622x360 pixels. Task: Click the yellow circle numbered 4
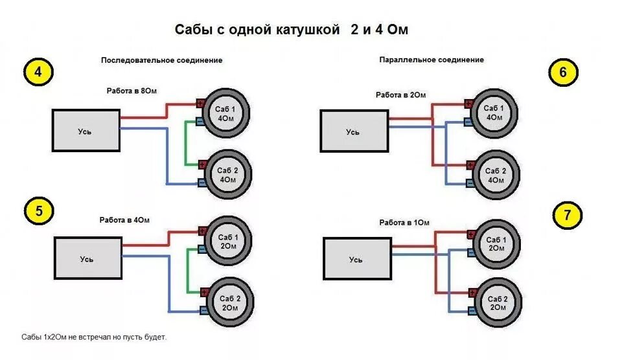[x=38, y=73]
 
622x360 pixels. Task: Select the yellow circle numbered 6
[x=562, y=73]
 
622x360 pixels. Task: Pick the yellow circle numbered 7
[x=568, y=216]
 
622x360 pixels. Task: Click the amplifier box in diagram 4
[x=86, y=131]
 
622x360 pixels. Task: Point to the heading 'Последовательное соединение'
[x=161, y=60]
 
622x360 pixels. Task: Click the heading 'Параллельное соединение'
[x=432, y=60]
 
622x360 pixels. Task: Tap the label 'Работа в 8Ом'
[x=132, y=91]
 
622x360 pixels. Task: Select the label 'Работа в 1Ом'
[x=404, y=222]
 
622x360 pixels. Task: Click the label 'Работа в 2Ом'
[x=401, y=95]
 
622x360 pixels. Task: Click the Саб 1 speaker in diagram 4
[x=227, y=114]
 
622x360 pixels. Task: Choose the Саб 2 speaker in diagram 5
[x=227, y=302]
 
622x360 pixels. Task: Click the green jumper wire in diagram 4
[x=187, y=142]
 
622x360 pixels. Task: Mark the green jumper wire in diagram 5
[x=189, y=269]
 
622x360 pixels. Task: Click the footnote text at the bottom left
[x=94, y=337]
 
